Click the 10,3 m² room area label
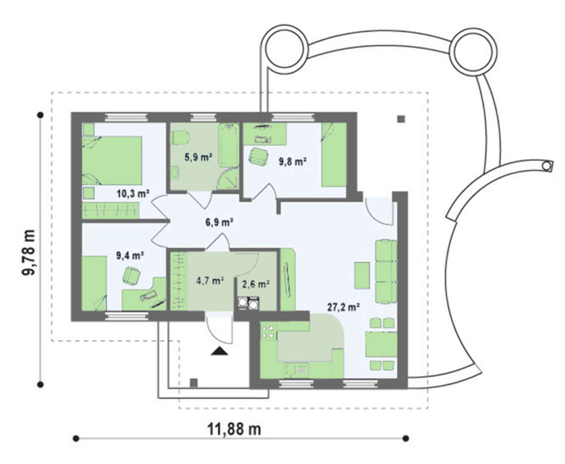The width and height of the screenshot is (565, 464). (133, 194)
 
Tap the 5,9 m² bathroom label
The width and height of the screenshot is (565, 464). (198, 157)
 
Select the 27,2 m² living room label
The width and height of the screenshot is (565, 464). (344, 307)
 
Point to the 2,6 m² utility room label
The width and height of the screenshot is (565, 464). (256, 284)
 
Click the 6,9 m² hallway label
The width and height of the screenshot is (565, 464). (219, 222)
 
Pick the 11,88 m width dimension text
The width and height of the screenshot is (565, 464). (234, 429)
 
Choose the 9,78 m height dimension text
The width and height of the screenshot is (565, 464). (29, 253)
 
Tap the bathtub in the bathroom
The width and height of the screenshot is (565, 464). (228, 146)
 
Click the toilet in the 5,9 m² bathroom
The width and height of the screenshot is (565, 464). (181, 138)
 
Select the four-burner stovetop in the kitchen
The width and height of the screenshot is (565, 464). (268, 332)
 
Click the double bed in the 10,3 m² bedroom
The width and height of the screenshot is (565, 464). (112, 160)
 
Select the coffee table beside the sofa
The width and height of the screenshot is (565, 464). (362, 275)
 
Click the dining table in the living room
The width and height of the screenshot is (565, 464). (381, 344)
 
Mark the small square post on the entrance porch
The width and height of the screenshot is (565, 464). (194, 383)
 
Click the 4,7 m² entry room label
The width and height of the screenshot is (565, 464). (211, 281)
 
